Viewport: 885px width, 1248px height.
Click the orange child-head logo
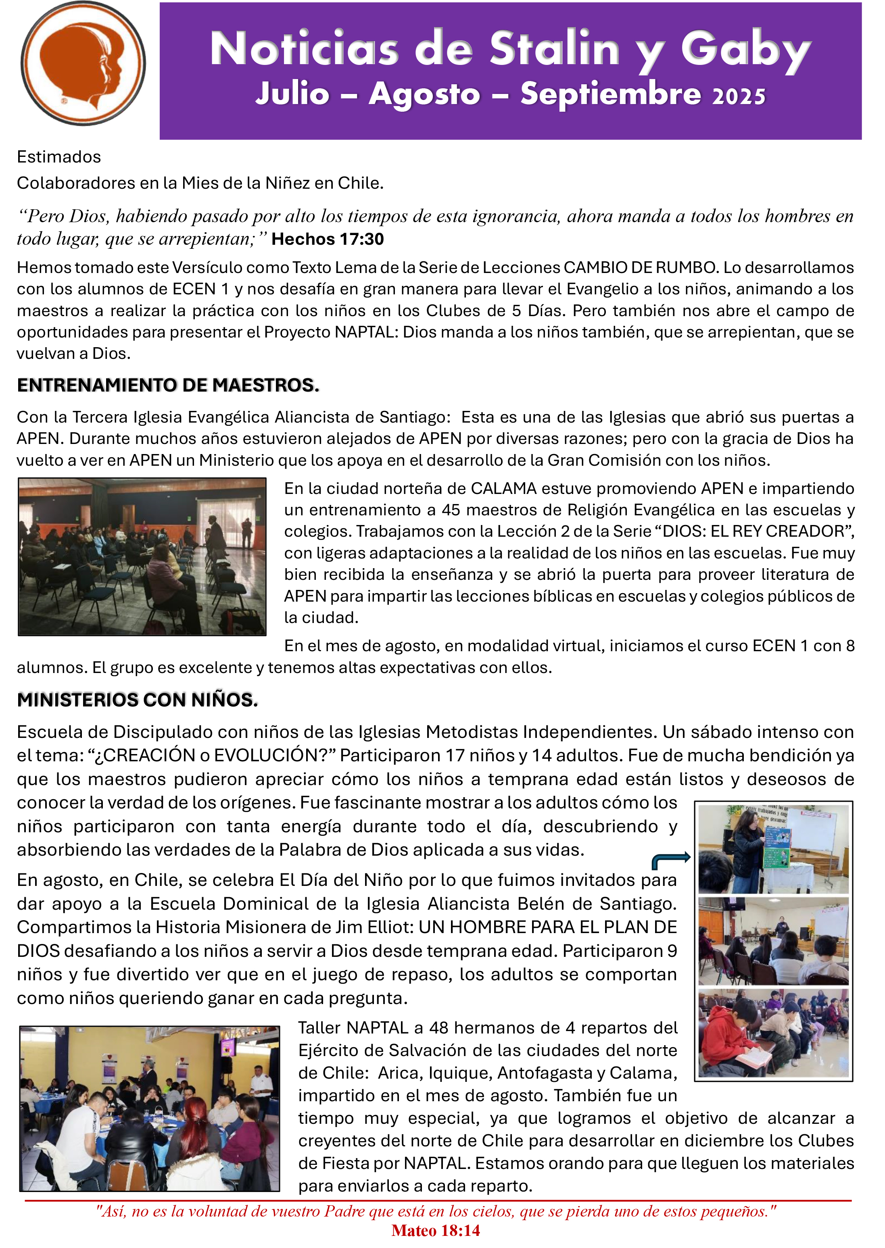[x=83, y=63]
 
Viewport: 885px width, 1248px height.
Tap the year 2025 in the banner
[x=739, y=96]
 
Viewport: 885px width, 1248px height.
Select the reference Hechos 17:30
[x=328, y=239]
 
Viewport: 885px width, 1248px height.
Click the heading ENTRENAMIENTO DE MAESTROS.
[x=168, y=385]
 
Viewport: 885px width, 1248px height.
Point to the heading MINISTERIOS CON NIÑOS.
[x=137, y=700]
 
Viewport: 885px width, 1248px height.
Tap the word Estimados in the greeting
[x=59, y=157]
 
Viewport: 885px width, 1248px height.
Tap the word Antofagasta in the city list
[x=545, y=1073]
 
